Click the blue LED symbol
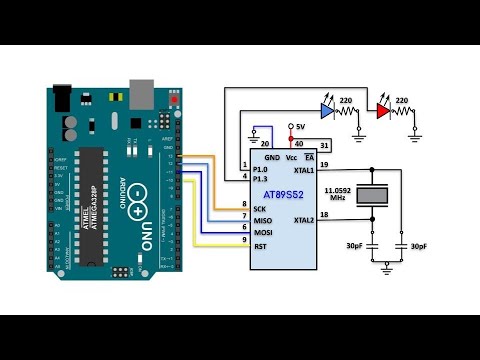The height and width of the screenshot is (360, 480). pyautogui.click(x=326, y=112)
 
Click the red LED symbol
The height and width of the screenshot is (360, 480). pyautogui.click(x=384, y=112)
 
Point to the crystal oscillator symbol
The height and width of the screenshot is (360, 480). pyautogui.click(x=371, y=197)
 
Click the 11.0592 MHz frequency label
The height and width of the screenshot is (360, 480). pyautogui.click(x=340, y=194)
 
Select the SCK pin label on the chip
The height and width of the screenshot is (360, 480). pyautogui.click(x=260, y=209)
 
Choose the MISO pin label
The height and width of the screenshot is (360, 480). pyautogui.click(x=262, y=221)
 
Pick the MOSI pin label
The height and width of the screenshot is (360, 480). pyautogui.click(x=262, y=233)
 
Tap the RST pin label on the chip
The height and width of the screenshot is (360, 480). pyautogui.click(x=259, y=246)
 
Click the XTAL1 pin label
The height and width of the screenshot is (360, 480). pyautogui.click(x=304, y=170)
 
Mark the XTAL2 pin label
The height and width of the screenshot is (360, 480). pyautogui.click(x=304, y=220)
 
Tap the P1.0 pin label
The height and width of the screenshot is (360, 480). pyautogui.click(x=261, y=170)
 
